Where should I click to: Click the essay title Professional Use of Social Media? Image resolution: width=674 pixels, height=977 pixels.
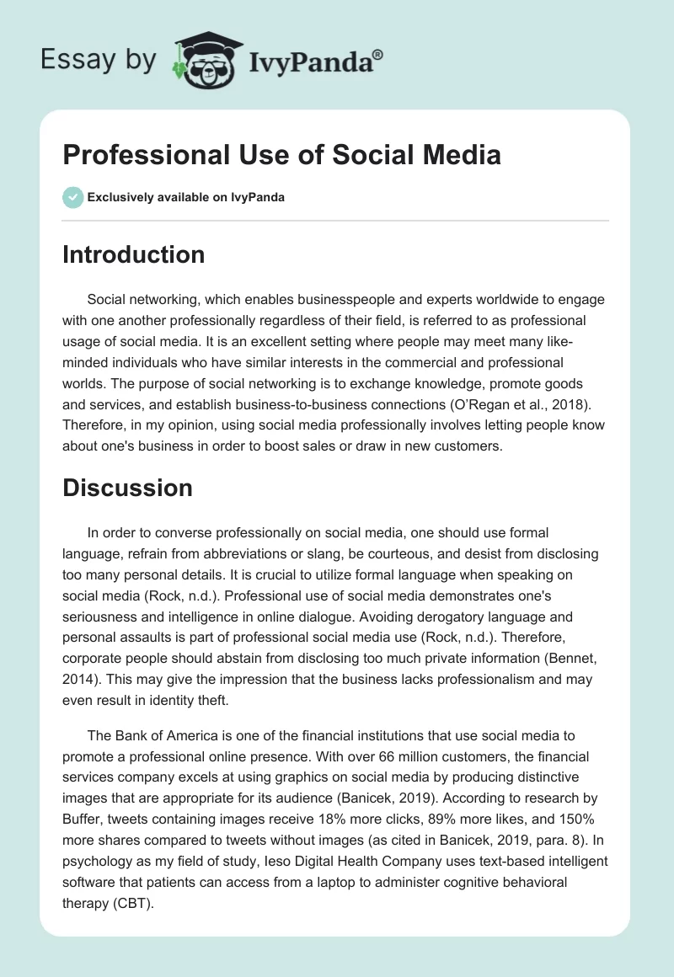[281, 155]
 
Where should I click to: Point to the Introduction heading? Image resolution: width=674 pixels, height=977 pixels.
[133, 254]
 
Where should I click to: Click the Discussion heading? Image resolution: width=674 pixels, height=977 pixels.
[127, 488]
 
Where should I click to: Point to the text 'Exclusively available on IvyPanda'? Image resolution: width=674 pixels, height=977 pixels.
[185, 198]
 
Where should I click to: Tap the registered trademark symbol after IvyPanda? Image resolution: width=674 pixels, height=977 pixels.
[378, 53]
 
